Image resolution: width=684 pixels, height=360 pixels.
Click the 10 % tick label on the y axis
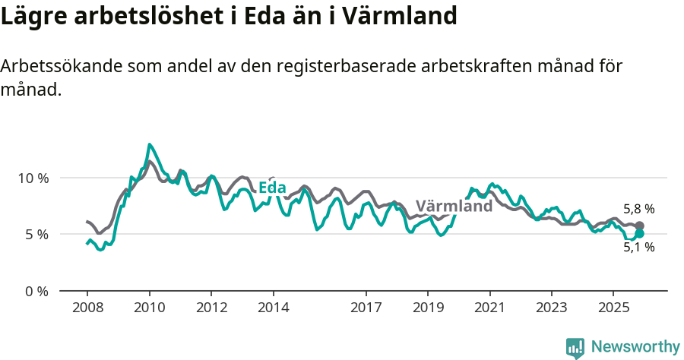(x=31, y=178)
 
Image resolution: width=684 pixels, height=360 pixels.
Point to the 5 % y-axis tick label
(x=35, y=235)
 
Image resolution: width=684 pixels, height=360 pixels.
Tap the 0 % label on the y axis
(x=35, y=291)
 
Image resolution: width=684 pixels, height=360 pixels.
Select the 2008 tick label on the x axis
(x=87, y=308)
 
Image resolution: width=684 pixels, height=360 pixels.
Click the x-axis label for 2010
(x=149, y=308)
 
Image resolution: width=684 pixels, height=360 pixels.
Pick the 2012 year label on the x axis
(x=211, y=308)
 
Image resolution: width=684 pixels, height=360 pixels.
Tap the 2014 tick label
(x=273, y=308)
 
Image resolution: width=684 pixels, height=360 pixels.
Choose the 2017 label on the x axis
(x=366, y=308)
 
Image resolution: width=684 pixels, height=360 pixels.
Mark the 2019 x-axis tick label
(x=428, y=308)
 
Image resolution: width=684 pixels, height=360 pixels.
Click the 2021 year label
(x=490, y=308)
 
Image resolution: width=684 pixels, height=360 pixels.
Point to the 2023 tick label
(x=552, y=308)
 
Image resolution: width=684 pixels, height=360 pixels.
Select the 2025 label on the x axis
(x=613, y=308)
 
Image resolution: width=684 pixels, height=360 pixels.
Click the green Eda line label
(x=272, y=188)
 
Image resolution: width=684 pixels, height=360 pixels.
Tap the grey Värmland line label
(x=454, y=206)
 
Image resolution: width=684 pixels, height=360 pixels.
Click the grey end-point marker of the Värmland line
(x=639, y=226)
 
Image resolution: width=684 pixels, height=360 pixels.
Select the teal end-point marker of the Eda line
(x=639, y=234)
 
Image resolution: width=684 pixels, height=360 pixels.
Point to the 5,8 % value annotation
(x=638, y=209)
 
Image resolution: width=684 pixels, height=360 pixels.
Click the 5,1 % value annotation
(x=638, y=248)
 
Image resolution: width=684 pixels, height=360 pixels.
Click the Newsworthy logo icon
(x=575, y=347)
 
